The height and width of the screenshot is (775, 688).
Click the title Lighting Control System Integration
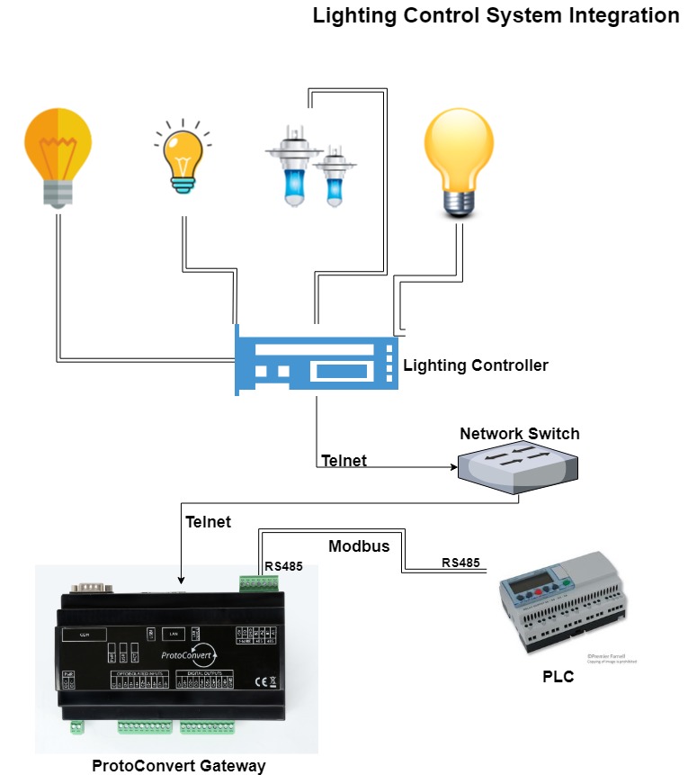496,16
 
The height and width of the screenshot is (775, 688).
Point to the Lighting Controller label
475,365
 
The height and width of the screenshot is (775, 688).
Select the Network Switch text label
519,434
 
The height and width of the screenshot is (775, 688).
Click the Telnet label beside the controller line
344,462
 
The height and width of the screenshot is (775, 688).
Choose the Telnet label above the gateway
208,522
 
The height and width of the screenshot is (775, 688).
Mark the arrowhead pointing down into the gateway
182,579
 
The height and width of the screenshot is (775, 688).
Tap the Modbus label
358,546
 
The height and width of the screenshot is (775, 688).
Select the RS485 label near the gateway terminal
283,566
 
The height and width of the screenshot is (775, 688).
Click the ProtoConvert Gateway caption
178,766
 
